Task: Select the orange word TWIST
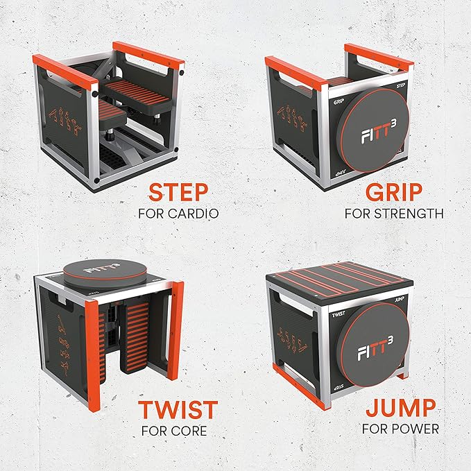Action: [177, 410]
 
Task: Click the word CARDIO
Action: [196, 214]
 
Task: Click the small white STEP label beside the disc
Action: [400, 89]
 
